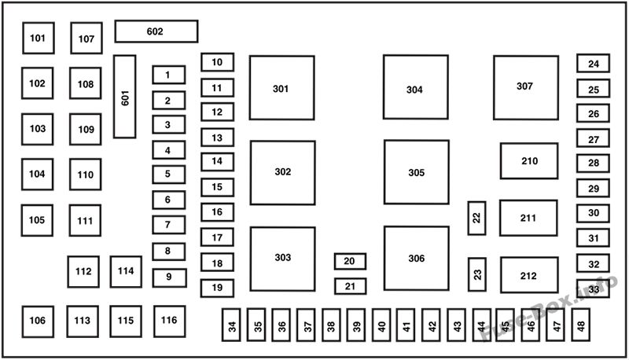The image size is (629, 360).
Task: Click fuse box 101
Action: [38, 38]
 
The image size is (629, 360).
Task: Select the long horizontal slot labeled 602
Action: [156, 31]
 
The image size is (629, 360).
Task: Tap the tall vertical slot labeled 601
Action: [125, 97]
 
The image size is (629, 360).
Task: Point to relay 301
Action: [281, 88]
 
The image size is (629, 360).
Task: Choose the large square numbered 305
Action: [417, 172]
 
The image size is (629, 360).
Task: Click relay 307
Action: [526, 87]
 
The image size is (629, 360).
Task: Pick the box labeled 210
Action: [529, 161]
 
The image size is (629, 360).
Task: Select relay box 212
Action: [529, 275]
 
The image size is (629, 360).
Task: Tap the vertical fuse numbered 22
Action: [476, 218]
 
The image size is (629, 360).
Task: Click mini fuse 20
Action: [350, 262]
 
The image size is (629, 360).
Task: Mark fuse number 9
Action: [169, 277]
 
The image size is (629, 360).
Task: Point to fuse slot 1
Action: [168, 75]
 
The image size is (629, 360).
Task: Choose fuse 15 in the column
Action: [217, 187]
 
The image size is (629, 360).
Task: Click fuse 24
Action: [594, 64]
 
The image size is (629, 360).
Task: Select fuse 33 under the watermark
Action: [594, 288]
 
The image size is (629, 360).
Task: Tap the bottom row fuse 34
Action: [231, 325]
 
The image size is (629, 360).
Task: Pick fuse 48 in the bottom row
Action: [581, 325]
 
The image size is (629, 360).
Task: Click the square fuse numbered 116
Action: [170, 321]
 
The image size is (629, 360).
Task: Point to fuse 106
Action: [38, 321]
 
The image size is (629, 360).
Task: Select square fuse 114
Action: [126, 272]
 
